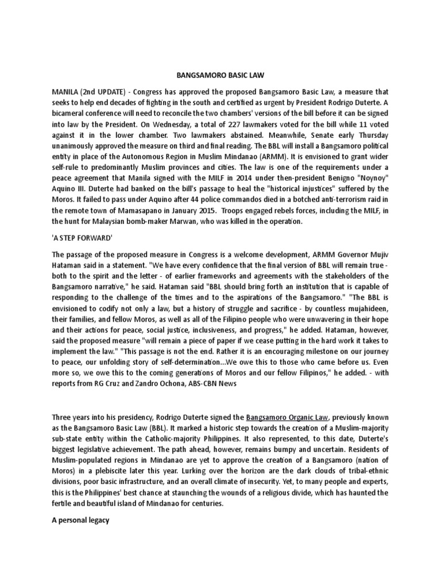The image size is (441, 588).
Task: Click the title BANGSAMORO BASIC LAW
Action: pyautogui.click(x=220, y=75)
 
